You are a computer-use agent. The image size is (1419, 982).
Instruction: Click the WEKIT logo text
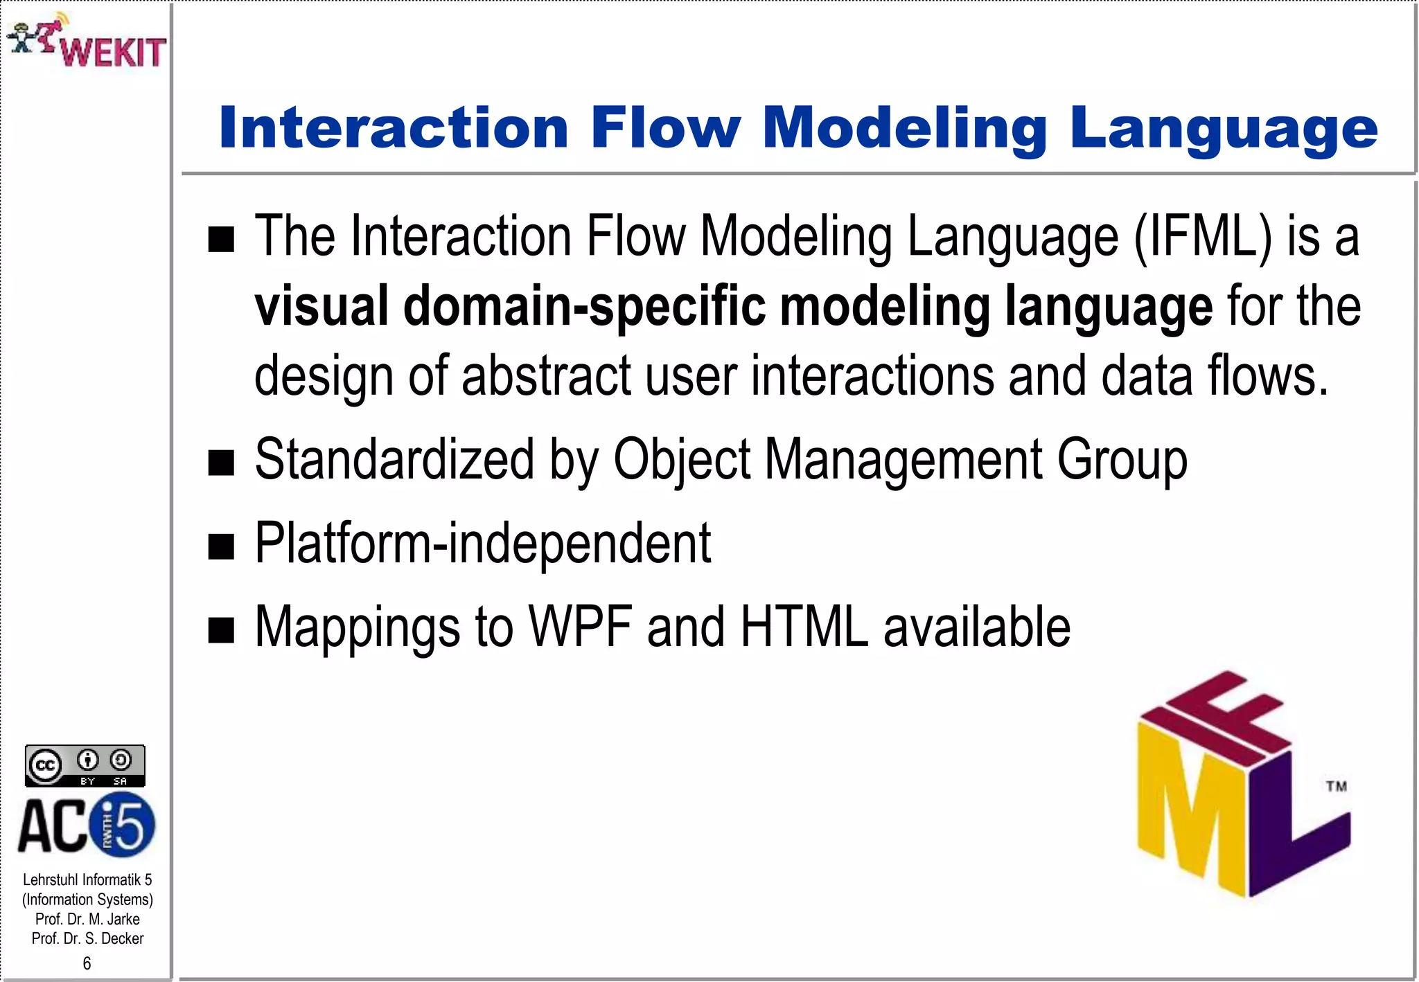113,52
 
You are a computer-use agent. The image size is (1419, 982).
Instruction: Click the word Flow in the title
666,128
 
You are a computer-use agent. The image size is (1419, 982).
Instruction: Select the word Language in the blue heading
1224,130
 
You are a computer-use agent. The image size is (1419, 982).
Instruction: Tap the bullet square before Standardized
222,463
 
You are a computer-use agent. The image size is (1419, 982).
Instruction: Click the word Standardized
394,460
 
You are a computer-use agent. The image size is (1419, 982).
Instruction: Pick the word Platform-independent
483,544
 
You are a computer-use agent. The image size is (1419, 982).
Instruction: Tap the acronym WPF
581,627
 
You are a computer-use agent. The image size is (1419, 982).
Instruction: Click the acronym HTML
804,627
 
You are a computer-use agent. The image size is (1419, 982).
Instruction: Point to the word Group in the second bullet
1122,460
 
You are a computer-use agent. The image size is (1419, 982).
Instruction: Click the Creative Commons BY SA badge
85,766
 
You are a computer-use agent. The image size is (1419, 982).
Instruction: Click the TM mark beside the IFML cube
1337,786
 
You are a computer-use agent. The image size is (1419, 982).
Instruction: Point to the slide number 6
87,963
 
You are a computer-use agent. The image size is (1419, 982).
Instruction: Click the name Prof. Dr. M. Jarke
87,919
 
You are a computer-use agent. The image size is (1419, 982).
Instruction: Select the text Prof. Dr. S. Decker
87,938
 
